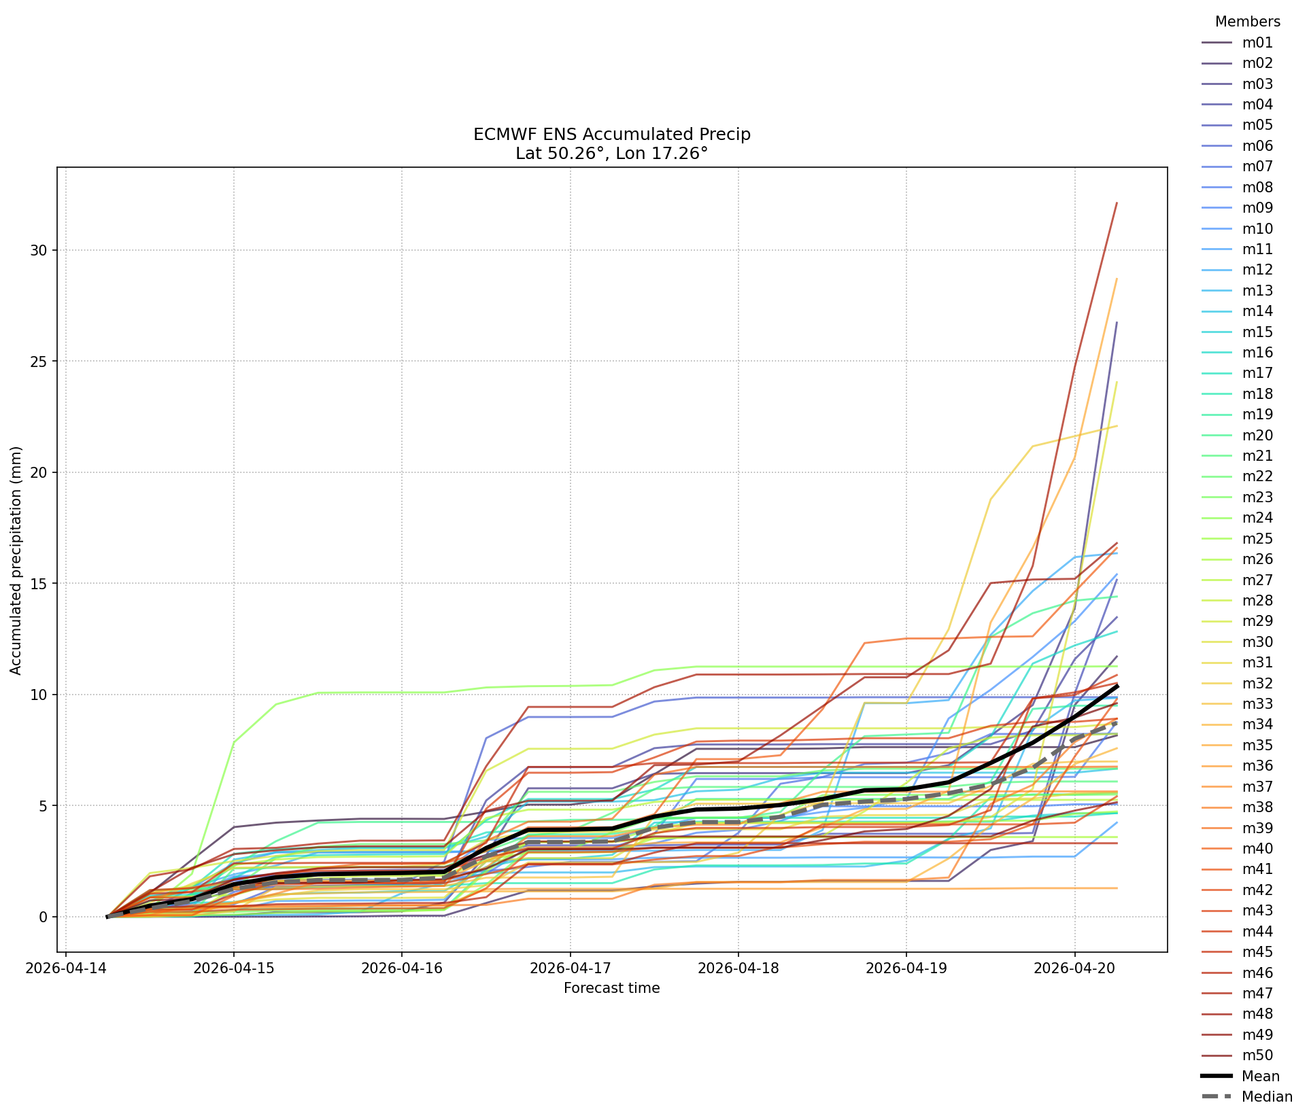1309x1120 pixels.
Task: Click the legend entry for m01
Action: pos(1237,43)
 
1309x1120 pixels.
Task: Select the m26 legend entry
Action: pos(1237,559)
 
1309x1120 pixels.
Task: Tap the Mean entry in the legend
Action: pos(1240,1076)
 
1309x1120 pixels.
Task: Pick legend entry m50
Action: pos(1237,1055)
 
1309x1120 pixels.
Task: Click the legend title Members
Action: pos(1247,22)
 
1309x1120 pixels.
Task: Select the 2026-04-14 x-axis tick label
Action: pos(65,967)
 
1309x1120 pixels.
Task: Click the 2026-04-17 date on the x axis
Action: pos(570,967)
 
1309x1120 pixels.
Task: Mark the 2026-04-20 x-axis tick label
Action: pos(1074,967)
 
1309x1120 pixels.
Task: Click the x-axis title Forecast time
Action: pos(612,988)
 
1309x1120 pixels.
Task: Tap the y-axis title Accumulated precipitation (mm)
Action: pos(16,561)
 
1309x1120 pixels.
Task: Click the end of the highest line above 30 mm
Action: pos(1117,203)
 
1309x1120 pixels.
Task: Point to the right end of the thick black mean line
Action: pos(1117,686)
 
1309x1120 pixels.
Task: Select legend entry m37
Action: pos(1237,787)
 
